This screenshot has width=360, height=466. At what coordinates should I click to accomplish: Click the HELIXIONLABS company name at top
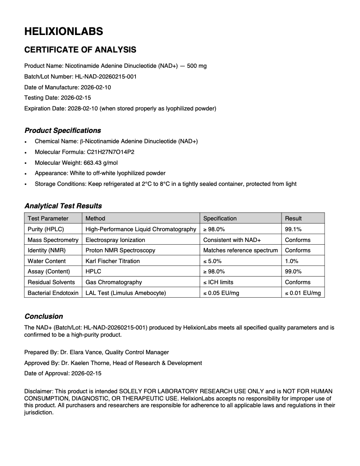(x=63, y=31)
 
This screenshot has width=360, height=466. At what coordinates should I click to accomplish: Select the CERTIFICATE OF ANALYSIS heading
(x=80, y=49)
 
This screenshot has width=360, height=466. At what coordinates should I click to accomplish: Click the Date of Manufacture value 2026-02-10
(x=96, y=87)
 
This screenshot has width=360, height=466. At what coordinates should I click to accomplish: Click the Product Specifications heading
(x=62, y=131)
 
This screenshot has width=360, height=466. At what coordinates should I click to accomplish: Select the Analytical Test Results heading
(x=63, y=206)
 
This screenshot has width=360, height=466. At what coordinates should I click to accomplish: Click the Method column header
(x=95, y=218)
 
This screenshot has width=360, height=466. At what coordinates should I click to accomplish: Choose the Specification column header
(x=220, y=218)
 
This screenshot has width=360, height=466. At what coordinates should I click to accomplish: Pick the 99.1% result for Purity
(x=293, y=229)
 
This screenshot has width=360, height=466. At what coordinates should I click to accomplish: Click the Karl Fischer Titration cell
(x=112, y=261)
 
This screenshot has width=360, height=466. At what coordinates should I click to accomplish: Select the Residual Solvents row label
(x=51, y=282)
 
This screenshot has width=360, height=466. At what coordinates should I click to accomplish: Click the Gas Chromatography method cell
(x=114, y=282)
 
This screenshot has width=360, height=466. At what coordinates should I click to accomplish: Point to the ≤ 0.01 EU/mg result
(x=303, y=293)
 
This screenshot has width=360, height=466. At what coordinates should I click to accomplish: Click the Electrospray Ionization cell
(x=115, y=240)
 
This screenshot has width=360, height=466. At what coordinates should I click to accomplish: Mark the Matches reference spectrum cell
(x=241, y=250)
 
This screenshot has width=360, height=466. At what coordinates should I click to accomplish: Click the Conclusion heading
(x=44, y=317)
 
